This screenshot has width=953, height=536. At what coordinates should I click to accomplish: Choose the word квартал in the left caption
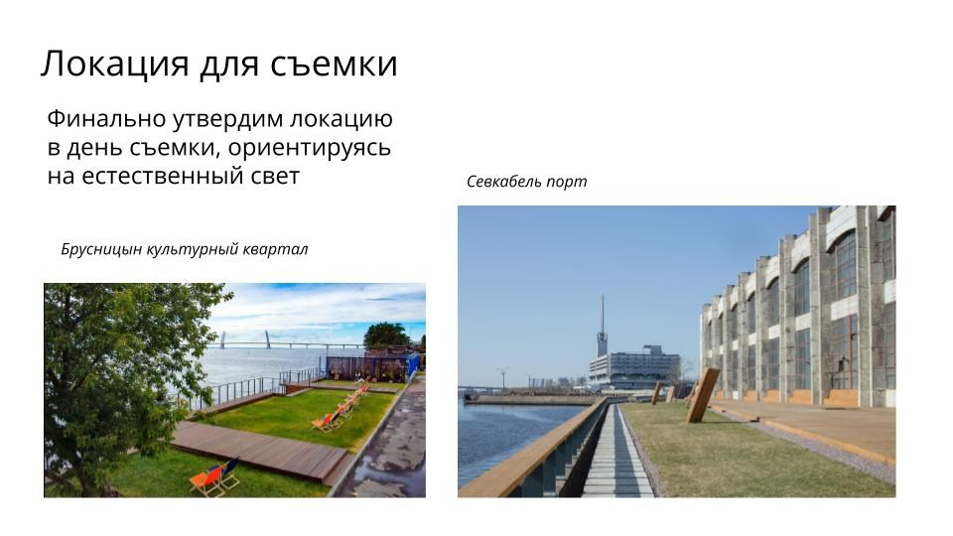(275, 249)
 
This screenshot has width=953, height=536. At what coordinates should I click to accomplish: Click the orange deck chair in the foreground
(207, 480)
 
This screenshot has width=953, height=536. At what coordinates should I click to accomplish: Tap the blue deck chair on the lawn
(229, 471)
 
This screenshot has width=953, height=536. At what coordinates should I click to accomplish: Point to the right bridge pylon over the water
(268, 339)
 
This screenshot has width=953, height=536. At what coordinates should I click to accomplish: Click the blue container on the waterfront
(411, 365)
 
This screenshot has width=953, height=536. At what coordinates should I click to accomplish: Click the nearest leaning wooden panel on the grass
(702, 394)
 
